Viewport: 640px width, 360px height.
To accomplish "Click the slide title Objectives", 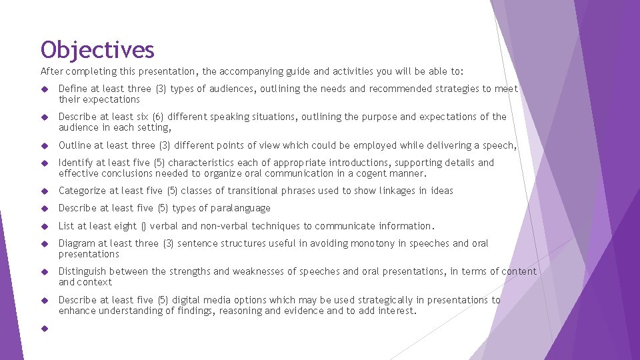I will (x=97, y=50).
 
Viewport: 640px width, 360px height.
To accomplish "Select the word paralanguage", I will (x=242, y=208).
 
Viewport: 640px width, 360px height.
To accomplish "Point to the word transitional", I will (x=253, y=191).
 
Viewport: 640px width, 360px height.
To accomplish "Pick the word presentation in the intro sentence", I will (x=165, y=71).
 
